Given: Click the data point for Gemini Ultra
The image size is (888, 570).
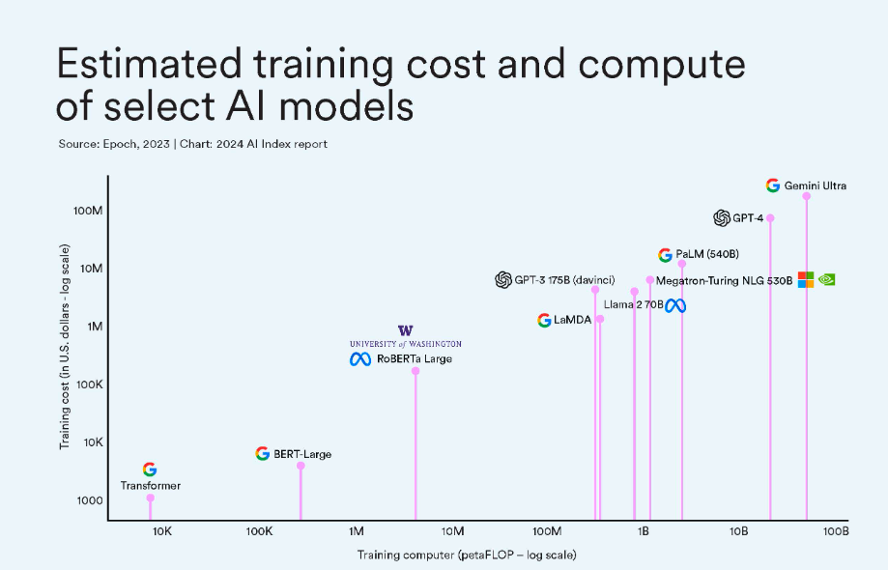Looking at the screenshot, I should pyautogui.click(x=807, y=196).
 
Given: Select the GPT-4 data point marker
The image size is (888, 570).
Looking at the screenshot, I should pyautogui.click(x=770, y=217).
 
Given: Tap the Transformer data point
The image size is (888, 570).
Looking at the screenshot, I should pyautogui.click(x=150, y=498).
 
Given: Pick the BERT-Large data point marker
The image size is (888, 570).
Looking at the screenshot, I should pyautogui.click(x=301, y=466).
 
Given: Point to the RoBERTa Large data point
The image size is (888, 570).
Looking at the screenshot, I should pyautogui.click(x=415, y=370).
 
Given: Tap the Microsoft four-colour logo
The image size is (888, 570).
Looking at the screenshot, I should pyautogui.click(x=805, y=279).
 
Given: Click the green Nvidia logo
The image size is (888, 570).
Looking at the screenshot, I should pyautogui.click(x=826, y=279).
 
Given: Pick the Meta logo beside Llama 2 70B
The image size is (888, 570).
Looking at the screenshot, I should pyautogui.click(x=674, y=305).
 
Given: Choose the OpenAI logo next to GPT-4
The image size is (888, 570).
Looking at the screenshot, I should pyautogui.click(x=722, y=218).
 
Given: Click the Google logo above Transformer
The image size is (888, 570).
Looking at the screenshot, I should pyautogui.click(x=150, y=470).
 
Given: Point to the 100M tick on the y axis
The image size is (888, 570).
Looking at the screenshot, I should pyautogui.click(x=88, y=211).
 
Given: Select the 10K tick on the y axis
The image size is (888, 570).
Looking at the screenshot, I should pyautogui.click(x=90, y=442).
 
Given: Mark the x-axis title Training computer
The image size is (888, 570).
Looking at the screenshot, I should pyautogui.click(x=467, y=555).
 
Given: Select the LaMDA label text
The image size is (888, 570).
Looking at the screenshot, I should pyautogui.click(x=573, y=321).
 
